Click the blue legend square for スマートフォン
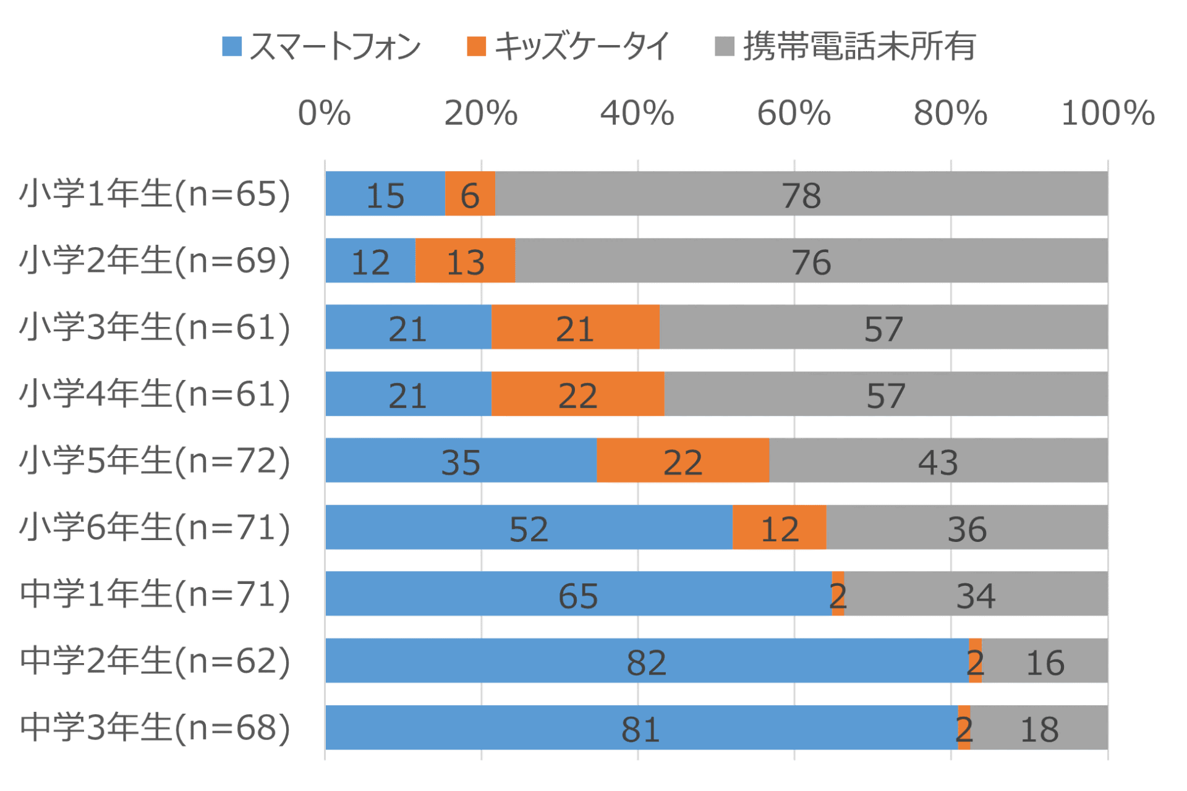click(231, 46)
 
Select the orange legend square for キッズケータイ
click(476, 46)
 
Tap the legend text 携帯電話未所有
click(859, 46)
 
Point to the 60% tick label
click(794, 113)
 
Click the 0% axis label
click(324, 113)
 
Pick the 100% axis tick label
click(1107, 113)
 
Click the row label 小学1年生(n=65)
click(155, 194)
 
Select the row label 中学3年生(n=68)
click(155, 727)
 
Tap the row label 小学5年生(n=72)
click(155, 460)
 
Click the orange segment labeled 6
click(470, 194)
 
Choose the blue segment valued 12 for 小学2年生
click(370, 261)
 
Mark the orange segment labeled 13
click(465, 261)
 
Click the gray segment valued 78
click(801, 194)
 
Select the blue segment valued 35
click(461, 460)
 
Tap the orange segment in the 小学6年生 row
click(779, 527)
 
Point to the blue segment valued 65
click(578, 594)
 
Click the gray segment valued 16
click(1045, 661)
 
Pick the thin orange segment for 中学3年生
click(964, 727)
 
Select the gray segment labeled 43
click(938, 460)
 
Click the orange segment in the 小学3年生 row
click(575, 328)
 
